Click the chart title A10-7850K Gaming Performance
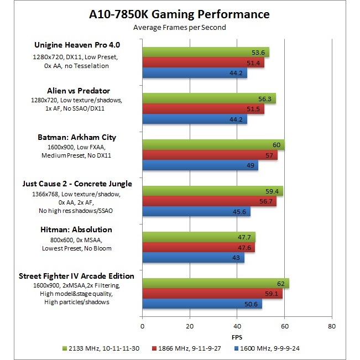click(x=180, y=14)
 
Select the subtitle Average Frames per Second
click(x=180, y=27)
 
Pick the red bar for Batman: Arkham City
click(x=210, y=155)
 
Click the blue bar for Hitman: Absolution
click(x=193, y=258)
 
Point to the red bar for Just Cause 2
click(x=209, y=201)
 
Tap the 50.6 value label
click(x=253, y=304)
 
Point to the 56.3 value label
click(x=267, y=99)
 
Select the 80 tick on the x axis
click(x=331, y=327)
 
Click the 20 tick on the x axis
click(x=190, y=327)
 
